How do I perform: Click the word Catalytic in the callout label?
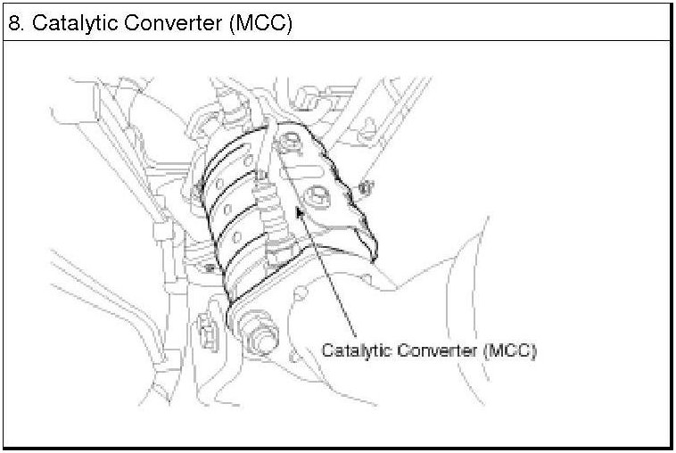tap(354, 350)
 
